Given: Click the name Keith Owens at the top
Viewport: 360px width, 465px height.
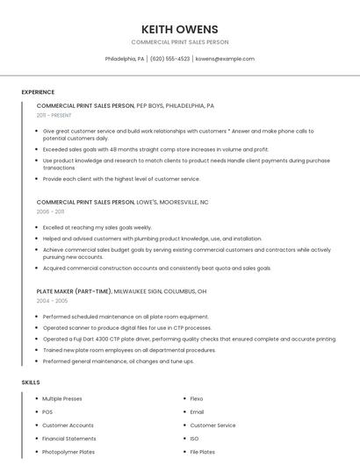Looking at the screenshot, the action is click(x=179, y=29).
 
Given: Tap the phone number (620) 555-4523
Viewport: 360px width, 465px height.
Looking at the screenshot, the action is click(x=169, y=59).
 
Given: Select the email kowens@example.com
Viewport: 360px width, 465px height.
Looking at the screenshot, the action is click(x=225, y=59).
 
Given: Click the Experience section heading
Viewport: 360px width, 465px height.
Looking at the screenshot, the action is click(x=38, y=92).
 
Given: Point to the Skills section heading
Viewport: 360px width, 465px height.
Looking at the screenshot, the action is click(x=31, y=383).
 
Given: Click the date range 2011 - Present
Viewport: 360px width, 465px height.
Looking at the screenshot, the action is click(x=54, y=115).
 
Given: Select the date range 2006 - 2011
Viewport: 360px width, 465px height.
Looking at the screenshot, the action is click(x=50, y=211).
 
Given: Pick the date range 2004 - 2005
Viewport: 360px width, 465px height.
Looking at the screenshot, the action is click(x=51, y=301).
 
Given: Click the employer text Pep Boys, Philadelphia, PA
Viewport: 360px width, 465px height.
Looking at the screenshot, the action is click(x=175, y=105).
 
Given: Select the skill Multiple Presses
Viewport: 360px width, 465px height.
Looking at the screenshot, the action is click(x=62, y=398).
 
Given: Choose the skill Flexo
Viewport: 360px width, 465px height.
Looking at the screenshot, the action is click(x=197, y=398).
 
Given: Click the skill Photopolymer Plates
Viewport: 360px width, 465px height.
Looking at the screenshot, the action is click(x=68, y=452).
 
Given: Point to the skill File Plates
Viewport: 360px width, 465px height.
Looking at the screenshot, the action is click(x=202, y=452).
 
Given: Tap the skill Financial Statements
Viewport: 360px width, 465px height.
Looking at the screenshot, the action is click(x=69, y=439).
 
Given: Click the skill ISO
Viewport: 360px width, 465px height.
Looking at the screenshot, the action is click(x=194, y=439).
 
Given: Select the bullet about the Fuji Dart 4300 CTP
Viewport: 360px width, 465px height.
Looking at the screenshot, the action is click(x=189, y=339).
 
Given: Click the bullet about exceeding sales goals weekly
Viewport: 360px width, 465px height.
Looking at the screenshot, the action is click(x=97, y=227).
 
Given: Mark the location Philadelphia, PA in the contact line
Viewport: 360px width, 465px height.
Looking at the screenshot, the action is click(x=125, y=59).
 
